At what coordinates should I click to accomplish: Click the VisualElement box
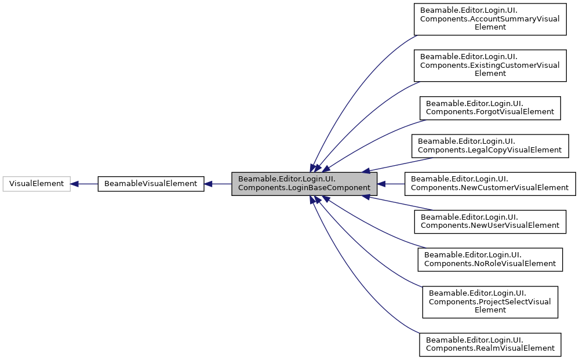click(x=36, y=184)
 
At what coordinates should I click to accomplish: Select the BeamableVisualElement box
click(x=151, y=184)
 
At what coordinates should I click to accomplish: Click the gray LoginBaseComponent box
click(x=304, y=184)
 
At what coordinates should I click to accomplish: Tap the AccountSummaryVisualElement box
click(x=490, y=19)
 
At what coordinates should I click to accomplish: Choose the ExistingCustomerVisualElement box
click(x=490, y=65)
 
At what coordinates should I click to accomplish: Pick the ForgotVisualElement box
click(x=490, y=108)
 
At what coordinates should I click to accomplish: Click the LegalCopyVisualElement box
click(x=490, y=146)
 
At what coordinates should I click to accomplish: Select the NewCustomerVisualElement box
click(x=490, y=184)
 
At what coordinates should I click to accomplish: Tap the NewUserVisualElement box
click(x=490, y=221)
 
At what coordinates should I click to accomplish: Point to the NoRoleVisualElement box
click(x=490, y=259)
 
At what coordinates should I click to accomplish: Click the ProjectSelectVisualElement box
click(x=490, y=301)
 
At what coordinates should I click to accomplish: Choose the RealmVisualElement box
click(x=490, y=344)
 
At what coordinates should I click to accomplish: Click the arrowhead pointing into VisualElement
click(x=75, y=184)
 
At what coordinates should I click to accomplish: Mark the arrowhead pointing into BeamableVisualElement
click(x=209, y=184)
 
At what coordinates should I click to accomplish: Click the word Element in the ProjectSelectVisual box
click(x=490, y=310)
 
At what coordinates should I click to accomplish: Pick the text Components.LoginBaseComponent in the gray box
click(x=304, y=188)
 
